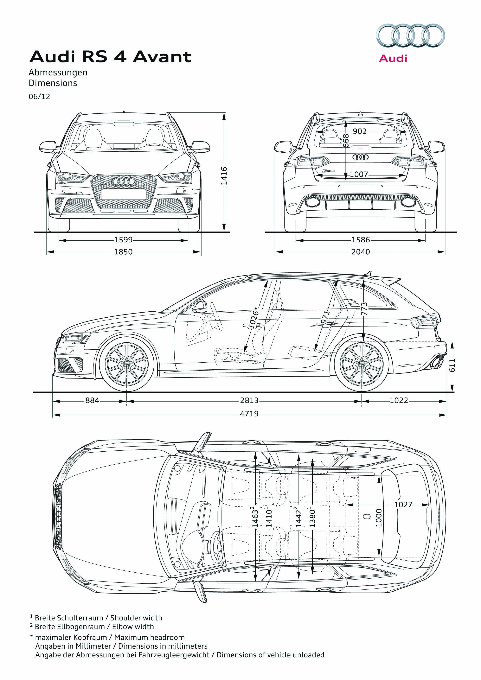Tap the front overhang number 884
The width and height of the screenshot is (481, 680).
coord(92,400)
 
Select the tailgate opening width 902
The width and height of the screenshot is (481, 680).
coord(360,131)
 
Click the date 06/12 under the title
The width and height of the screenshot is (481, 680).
coord(39,97)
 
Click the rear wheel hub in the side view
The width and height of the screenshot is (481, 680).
coord(362,364)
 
